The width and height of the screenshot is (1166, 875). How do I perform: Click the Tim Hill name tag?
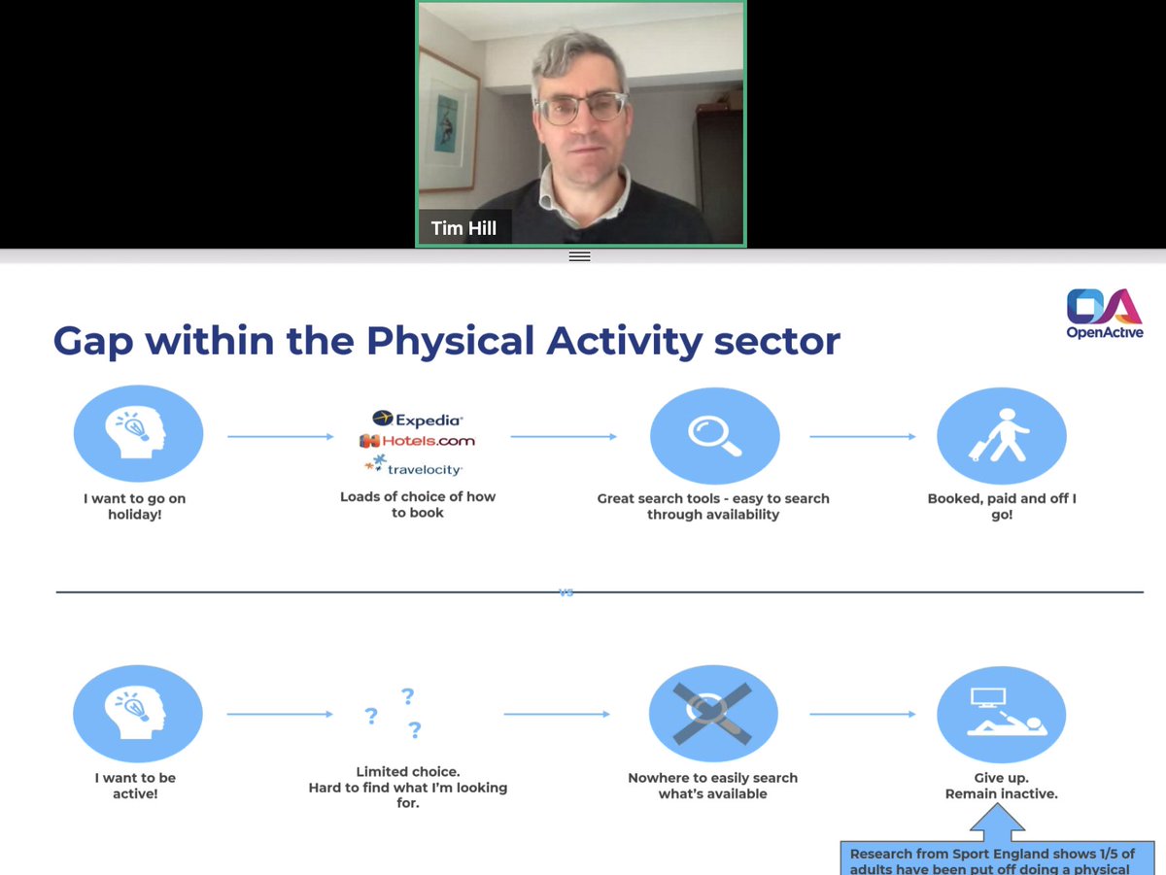pyautogui.click(x=464, y=229)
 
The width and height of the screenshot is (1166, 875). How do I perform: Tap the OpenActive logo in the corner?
pyautogui.click(x=1104, y=313)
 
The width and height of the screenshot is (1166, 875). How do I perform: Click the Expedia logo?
pyautogui.click(x=417, y=419)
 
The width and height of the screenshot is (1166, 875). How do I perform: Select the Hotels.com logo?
pyautogui.click(x=417, y=441)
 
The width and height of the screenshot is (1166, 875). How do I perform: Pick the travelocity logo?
pyautogui.click(x=413, y=468)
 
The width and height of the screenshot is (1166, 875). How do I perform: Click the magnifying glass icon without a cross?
pyautogui.click(x=714, y=436)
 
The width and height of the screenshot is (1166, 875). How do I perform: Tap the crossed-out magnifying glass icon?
pyautogui.click(x=713, y=713)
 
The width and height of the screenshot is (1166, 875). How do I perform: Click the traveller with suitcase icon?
pyautogui.click(x=1001, y=436)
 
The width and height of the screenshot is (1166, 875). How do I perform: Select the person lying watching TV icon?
pyautogui.click(x=1001, y=714)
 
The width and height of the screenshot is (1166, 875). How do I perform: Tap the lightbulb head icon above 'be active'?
pyautogui.click(x=138, y=714)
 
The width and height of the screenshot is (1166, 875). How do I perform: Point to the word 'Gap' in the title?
pyautogui.click(x=94, y=341)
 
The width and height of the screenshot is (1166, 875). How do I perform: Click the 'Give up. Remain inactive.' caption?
pyautogui.click(x=1001, y=786)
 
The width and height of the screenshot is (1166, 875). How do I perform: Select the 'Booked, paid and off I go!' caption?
pyautogui.click(x=1001, y=506)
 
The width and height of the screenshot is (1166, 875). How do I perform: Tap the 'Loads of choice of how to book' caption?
pyautogui.click(x=417, y=504)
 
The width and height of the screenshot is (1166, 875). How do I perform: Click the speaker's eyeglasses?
pyautogui.click(x=581, y=109)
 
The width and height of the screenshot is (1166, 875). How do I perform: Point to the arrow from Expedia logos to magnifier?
pyautogui.click(x=564, y=437)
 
